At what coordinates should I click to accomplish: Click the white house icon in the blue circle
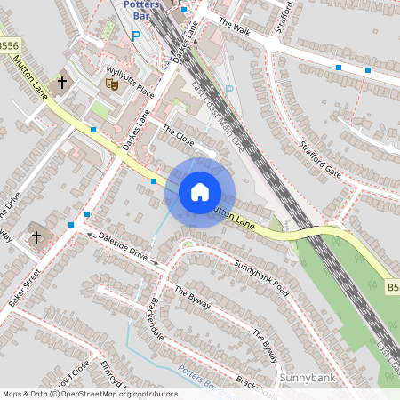pyautogui.click(x=199, y=192)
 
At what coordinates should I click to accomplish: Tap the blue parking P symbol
pyautogui.click(x=135, y=37)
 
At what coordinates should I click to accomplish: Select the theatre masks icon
pyautogui.click(x=112, y=84)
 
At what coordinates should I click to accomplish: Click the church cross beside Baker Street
pyautogui.click(x=36, y=237)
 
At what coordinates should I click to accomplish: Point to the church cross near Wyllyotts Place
pyautogui.click(x=62, y=84)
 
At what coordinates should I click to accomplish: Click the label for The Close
pyautogui.click(x=178, y=137)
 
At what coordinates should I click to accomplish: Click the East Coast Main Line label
pyautogui.click(x=217, y=124)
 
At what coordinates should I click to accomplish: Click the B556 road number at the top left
pyautogui.click(x=8, y=45)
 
